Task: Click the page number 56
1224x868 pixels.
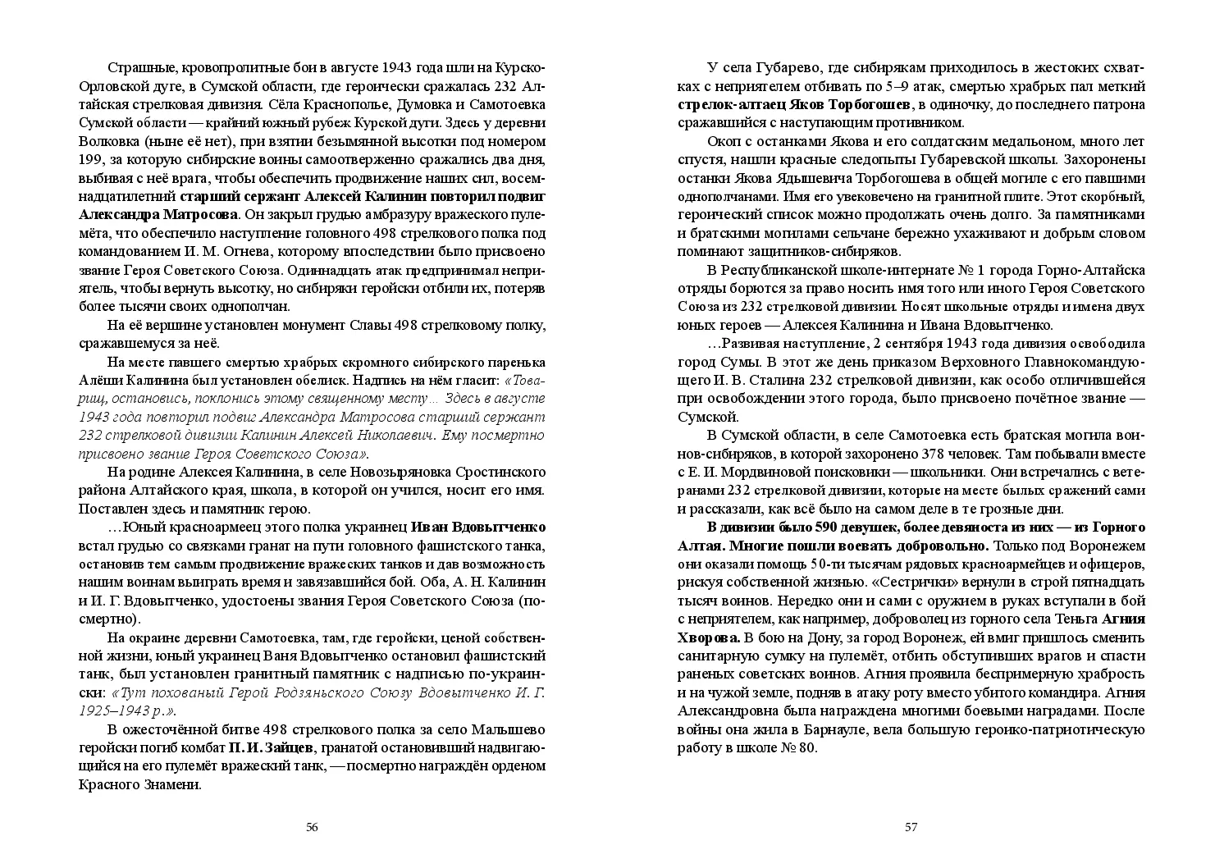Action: pyautogui.click(x=312, y=827)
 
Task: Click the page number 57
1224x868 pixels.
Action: pyautogui.click(x=911, y=827)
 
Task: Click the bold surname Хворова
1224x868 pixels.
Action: pyautogui.click(x=710, y=637)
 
